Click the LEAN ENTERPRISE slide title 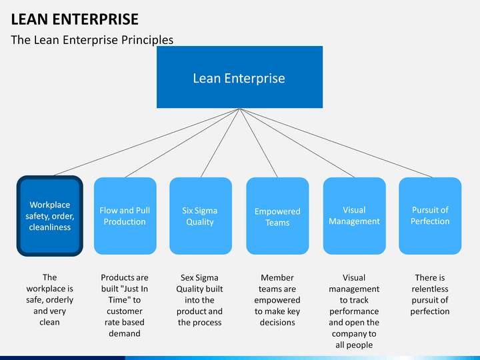75,19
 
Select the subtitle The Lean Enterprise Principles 92,40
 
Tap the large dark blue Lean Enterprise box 240,77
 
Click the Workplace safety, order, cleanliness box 50,216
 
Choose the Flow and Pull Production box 125,216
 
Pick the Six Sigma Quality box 201,216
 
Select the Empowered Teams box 277,216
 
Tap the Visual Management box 354,216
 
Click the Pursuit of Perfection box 430,216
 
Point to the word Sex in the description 187,277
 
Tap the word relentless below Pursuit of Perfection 430,289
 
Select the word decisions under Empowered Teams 277,323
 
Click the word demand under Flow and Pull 125,333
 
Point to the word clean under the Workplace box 49,322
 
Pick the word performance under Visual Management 354,311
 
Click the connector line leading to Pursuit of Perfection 336,143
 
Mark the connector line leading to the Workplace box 147,142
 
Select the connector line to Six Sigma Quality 221,143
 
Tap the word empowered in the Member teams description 277,300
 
